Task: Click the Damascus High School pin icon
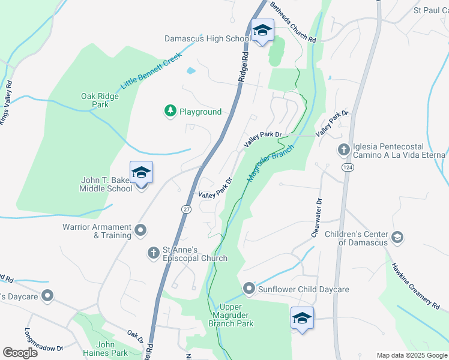262,31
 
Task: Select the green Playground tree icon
170,111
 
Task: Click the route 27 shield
187,208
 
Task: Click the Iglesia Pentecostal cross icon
344,149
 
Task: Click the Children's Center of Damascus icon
397,238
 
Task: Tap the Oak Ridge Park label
95,100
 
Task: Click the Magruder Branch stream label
271,163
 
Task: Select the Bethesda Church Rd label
293,22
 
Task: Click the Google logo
20,353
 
